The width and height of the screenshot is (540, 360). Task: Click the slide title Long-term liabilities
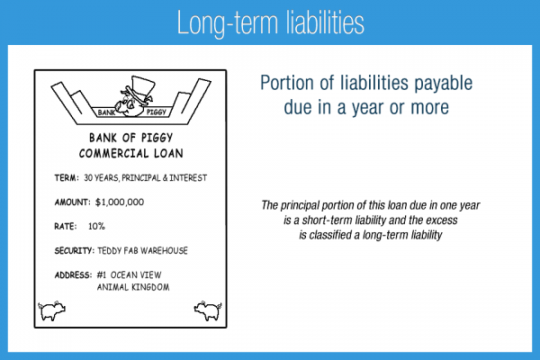[x=269, y=21]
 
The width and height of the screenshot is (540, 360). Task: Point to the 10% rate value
[x=97, y=225]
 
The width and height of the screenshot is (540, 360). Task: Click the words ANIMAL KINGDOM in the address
[x=135, y=287]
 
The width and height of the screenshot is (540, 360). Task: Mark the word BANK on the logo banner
[x=106, y=112]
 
